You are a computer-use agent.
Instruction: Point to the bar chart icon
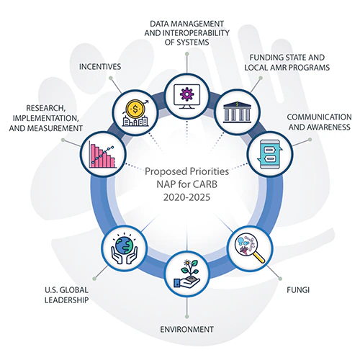coord(101,153)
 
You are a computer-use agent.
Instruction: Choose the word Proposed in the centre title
coord(167,172)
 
